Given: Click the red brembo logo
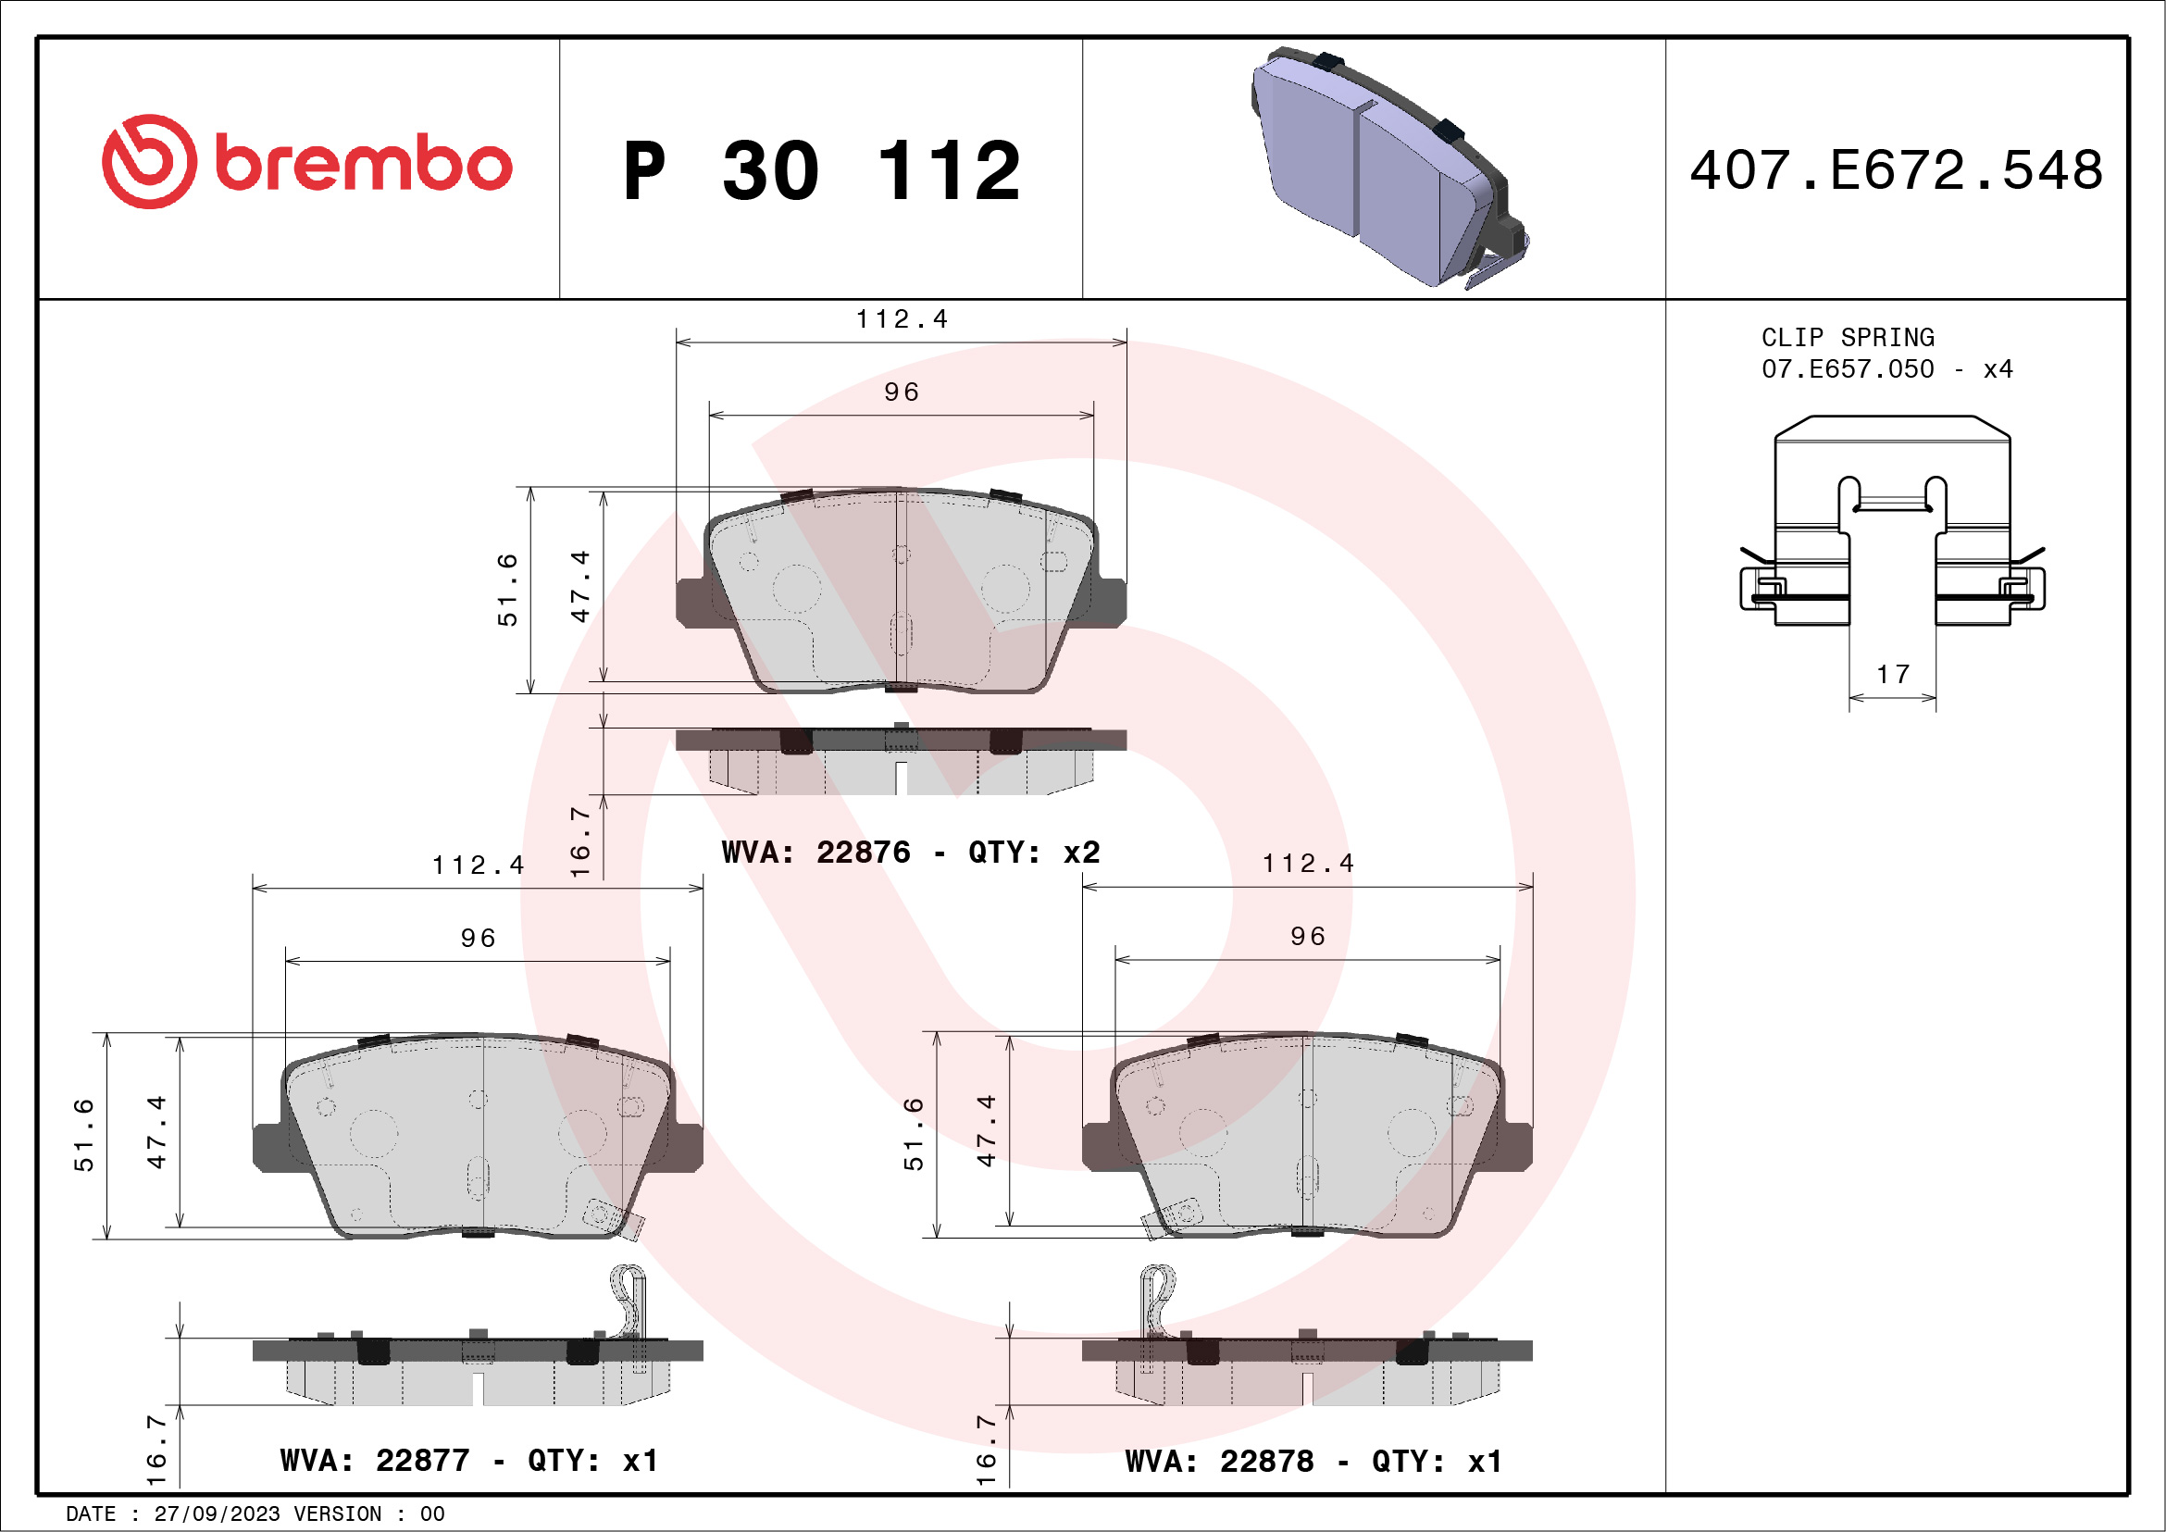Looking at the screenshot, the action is (306, 162).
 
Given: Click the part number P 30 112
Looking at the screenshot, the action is (822, 170).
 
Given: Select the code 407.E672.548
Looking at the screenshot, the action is (1897, 169).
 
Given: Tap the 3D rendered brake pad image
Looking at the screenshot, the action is (1388, 167).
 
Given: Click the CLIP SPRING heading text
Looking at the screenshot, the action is (1848, 338).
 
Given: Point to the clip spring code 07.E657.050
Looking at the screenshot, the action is (1848, 368).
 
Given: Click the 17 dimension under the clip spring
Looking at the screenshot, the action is (1892, 675).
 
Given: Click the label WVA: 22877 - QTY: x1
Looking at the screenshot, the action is (469, 1461).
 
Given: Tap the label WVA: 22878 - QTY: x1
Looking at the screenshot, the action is (1313, 1462).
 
